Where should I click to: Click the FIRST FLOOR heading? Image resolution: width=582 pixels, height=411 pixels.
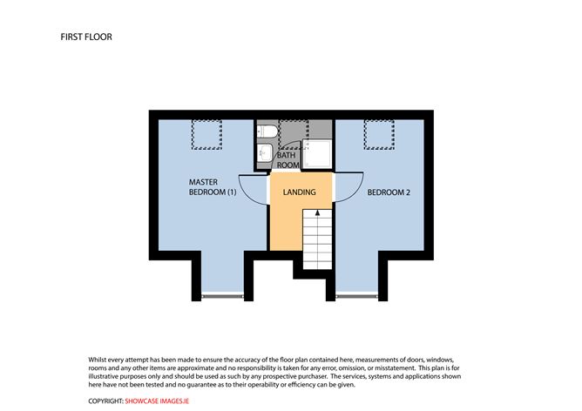pos(86,37)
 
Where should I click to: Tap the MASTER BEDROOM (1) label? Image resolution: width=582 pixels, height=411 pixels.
pos(213,187)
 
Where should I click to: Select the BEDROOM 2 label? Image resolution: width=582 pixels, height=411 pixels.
pos(389,192)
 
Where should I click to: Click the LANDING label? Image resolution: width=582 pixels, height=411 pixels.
pos(299,192)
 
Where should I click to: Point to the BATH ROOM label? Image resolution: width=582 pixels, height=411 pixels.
pos(288,160)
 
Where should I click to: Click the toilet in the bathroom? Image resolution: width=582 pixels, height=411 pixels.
pos(267,131)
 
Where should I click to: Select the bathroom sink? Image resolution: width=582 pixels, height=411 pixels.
pos(265,152)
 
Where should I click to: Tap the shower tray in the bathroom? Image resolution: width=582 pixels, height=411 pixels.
pos(317,153)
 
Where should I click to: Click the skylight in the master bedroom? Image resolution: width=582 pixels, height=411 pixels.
pos(206,134)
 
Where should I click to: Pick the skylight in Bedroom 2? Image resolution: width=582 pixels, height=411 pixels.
pos(379,134)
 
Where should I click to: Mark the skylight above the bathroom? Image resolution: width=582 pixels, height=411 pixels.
pos(294,131)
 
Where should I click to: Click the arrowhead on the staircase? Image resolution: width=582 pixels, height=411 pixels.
pos(317,212)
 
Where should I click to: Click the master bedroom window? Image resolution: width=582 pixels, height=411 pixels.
pos(222,296)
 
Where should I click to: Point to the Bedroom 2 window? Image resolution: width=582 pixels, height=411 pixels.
pos(357,296)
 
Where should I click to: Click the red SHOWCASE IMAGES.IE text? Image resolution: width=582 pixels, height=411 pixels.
pos(157,401)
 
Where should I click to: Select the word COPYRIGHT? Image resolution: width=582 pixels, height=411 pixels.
pos(105,401)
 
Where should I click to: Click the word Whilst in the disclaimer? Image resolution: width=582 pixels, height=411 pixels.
pos(98,360)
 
